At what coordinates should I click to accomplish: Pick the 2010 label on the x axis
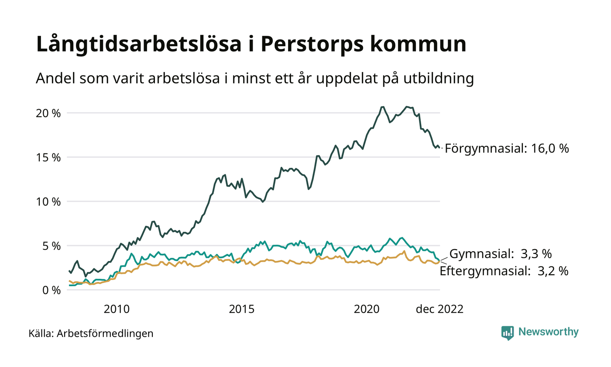117,309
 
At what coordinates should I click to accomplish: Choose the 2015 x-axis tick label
241,309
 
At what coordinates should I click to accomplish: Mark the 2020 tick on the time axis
367,309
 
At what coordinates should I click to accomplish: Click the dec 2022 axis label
439,309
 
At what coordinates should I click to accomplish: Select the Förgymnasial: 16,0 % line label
507,149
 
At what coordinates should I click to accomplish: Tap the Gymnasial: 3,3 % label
501,253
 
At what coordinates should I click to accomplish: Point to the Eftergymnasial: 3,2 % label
504,271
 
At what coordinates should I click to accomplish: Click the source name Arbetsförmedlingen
105,333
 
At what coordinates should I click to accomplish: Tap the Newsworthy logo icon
508,332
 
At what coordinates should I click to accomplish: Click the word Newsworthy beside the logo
548,332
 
